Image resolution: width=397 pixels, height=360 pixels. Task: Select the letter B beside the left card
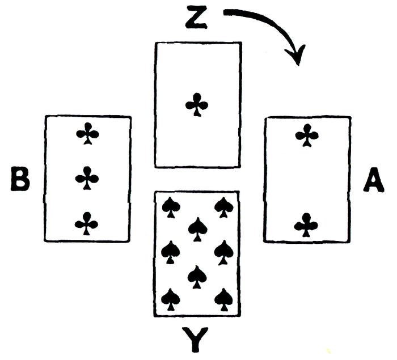point(20,180)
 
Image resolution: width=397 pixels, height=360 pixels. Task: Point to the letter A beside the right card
point(373,181)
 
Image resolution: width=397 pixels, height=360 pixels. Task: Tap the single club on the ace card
point(197,105)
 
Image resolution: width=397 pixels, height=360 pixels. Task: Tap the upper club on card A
point(307,135)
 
